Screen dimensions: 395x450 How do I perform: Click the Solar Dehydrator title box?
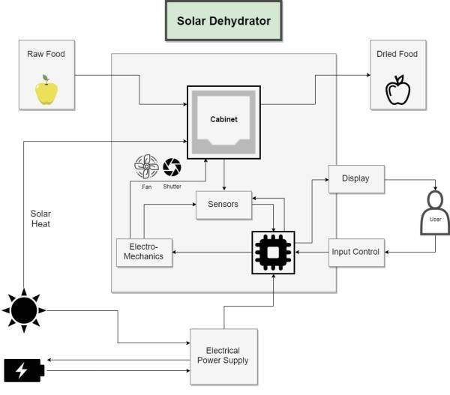coord(223,20)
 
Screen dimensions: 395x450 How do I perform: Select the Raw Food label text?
coord(46,54)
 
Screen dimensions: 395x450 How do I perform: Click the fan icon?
coord(146,166)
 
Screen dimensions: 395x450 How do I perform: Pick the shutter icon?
coord(172,167)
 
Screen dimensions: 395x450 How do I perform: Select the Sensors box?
coord(223,205)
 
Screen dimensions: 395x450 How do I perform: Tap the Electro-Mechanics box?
coord(144,252)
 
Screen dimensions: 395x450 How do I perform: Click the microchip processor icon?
coord(273,252)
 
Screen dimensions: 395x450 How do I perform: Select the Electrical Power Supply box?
coord(223,355)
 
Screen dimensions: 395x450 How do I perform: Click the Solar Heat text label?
coord(35,219)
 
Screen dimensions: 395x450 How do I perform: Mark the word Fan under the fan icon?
coord(146,187)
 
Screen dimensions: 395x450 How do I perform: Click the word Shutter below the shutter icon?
coord(172,187)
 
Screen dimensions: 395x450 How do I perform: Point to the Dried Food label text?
coord(398,54)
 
